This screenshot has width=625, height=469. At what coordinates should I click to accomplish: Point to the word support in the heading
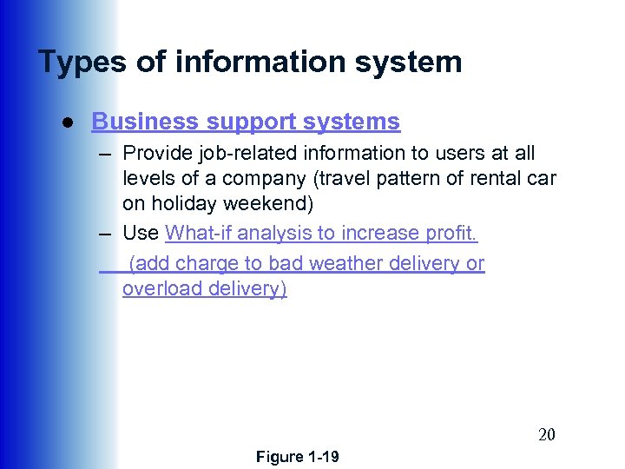click(240, 122)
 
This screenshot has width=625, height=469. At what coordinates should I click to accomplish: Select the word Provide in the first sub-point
click(155, 154)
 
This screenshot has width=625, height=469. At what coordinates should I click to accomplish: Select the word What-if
click(198, 233)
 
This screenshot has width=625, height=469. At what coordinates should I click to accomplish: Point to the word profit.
click(456, 233)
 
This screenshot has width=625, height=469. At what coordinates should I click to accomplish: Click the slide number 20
click(546, 435)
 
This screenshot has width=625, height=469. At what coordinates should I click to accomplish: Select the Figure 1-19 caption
click(298, 457)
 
